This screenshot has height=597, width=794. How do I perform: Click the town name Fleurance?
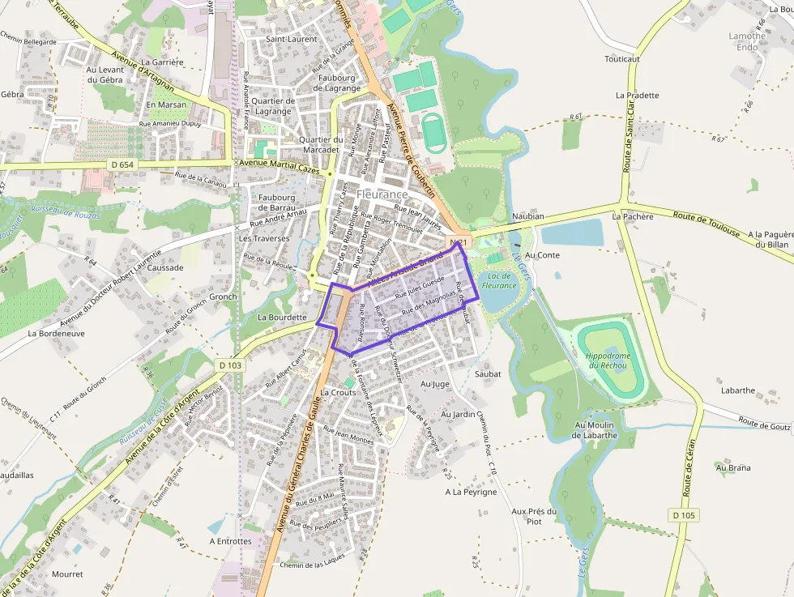pos(382,195)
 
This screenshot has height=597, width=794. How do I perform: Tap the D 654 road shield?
pos(121,164)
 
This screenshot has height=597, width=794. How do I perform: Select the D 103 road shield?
pos(230,365)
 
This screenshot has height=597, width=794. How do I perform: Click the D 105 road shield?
pos(683,515)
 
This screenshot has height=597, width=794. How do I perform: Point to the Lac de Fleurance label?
pos(498,280)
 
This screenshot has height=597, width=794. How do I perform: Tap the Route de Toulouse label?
pos(706,224)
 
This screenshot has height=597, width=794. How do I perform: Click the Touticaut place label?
pos(622,59)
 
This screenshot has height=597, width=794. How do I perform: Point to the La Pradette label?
pos(637,95)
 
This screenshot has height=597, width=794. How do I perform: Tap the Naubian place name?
pos(528,216)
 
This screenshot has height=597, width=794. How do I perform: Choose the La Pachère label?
pos(633,216)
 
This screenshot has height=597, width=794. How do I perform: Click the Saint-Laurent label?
pos(292,39)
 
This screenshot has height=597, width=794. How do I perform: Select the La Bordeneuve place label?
pos(56,333)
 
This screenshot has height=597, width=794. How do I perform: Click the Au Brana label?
pos(732,467)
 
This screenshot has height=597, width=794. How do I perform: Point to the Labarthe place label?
pos(740,390)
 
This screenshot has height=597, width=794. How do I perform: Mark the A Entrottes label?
pos(230,541)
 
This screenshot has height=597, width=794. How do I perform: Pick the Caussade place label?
pos(166,267)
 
